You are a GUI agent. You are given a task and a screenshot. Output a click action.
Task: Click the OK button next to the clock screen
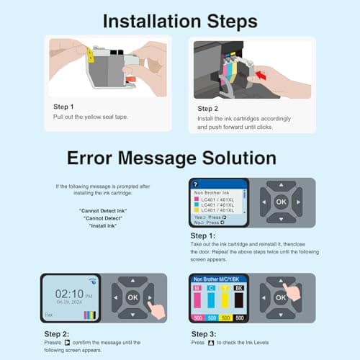click(x=132, y=296)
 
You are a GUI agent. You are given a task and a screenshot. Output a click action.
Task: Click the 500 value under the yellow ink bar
click(x=225, y=317)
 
